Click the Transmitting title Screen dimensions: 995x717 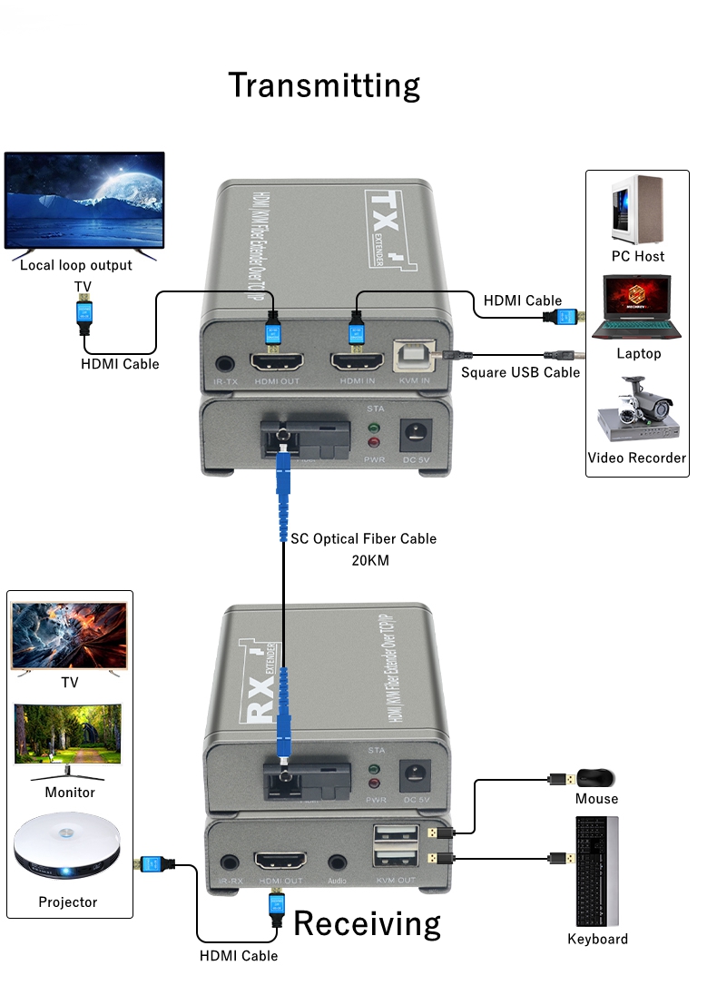click(324, 85)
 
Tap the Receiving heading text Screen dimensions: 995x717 click(367, 923)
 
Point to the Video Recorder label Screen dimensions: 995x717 click(636, 458)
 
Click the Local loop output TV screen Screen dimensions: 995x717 click(84, 201)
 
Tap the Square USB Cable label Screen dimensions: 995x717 click(520, 372)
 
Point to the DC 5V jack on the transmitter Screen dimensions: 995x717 click(416, 433)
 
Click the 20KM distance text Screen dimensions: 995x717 click(369, 560)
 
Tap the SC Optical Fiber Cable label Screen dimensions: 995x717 click(363, 538)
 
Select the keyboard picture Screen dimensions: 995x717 click(596, 872)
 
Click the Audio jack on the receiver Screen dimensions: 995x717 click(339, 863)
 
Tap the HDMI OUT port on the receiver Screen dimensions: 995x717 click(280, 862)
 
